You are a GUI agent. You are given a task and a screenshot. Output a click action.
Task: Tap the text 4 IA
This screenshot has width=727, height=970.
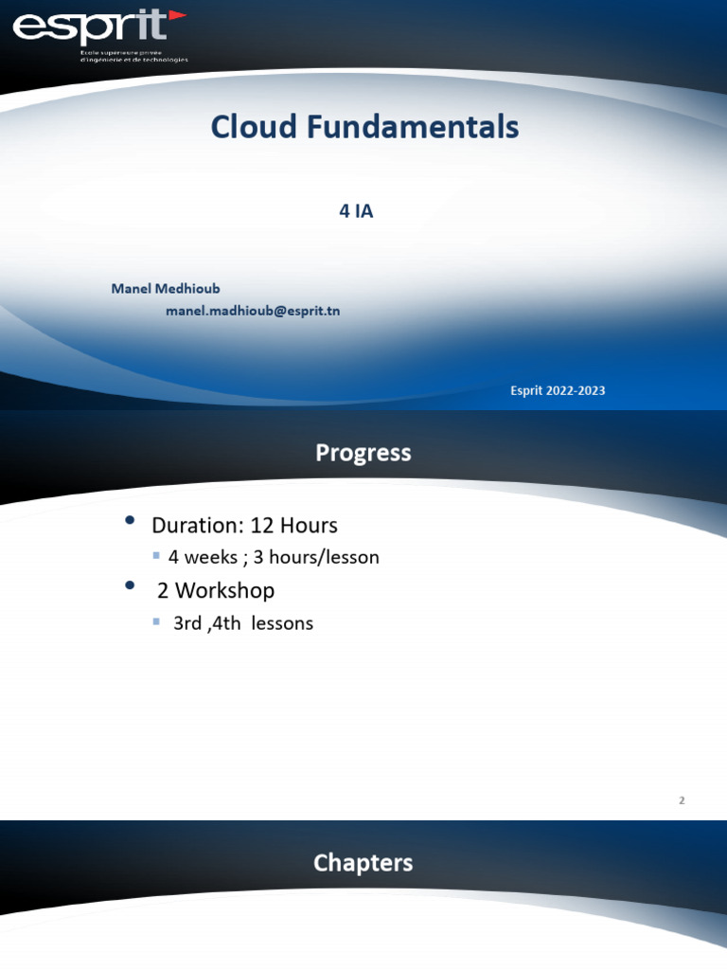(356, 211)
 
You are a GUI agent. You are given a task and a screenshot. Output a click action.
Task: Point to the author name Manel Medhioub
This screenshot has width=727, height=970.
(166, 288)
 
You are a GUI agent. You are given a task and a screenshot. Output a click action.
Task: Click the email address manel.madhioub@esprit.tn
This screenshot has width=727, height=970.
(253, 311)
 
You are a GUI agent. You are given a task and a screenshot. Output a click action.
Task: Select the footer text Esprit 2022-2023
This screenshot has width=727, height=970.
(558, 390)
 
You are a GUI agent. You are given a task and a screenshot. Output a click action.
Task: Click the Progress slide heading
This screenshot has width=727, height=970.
(363, 454)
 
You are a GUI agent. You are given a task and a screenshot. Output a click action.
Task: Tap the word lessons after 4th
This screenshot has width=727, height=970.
(282, 623)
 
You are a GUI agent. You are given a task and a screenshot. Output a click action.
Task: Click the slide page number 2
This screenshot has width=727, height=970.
(682, 800)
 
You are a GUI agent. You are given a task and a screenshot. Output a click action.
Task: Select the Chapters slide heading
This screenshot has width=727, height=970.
(363, 863)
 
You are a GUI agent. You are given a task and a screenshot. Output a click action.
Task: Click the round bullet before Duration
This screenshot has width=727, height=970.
(131, 522)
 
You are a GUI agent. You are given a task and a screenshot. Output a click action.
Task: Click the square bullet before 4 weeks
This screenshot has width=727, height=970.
(157, 556)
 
